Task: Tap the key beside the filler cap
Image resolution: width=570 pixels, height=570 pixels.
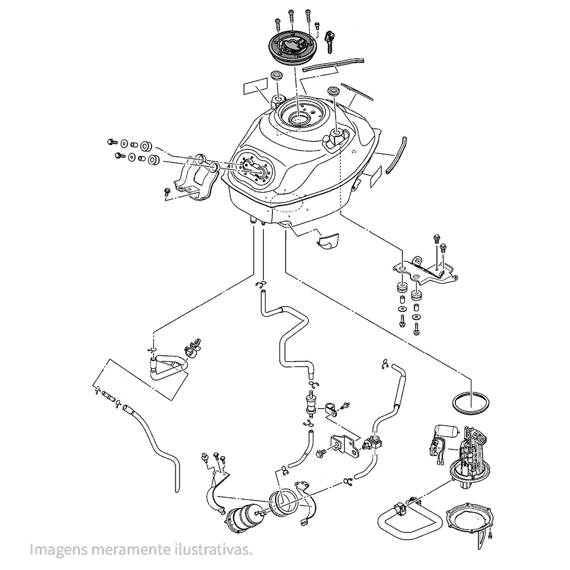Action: point(328,40)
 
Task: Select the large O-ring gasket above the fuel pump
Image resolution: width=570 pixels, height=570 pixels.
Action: point(471,403)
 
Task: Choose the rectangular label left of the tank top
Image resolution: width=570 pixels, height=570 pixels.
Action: point(255,87)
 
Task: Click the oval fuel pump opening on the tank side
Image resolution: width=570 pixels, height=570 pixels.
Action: point(254,169)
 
